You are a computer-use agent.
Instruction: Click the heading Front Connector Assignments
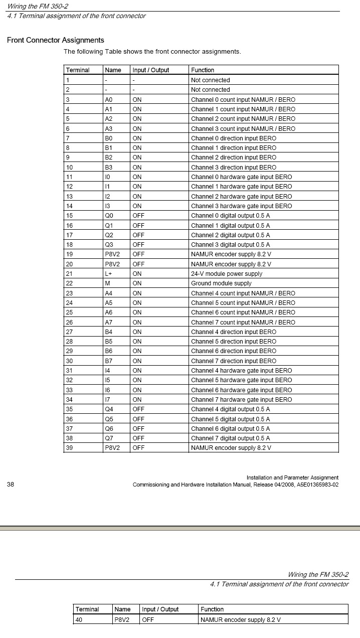[x=55, y=40]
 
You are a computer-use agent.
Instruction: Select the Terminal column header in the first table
[x=77, y=70]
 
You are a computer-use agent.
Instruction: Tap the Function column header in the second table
[x=212, y=609]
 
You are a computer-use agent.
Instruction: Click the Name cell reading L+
[x=108, y=274]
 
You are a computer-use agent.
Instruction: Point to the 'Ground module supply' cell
[x=221, y=283]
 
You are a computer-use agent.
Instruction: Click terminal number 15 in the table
[x=69, y=216]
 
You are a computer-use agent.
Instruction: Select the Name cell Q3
[x=109, y=245]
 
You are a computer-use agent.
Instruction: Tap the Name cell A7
[x=108, y=323]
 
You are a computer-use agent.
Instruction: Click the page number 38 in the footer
[x=11, y=485]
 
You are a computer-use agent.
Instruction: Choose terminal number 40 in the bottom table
[x=79, y=619]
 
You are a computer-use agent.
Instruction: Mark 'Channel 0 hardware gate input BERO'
[x=241, y=177]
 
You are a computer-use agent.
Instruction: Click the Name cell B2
[x=108, y=157]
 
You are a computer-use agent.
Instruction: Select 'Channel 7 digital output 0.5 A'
[x=230, y=438]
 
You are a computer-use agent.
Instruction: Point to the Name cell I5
[x=107, y=380]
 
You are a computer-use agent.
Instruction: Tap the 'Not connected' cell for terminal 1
[x=210, y=80]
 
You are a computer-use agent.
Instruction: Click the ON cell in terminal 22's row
[x=137, y=283]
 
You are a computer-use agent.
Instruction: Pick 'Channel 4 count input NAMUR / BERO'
[x=243, y=293]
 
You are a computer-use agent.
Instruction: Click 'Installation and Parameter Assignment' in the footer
[x=292, y=477]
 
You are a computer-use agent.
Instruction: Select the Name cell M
[x=107, y=283]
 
